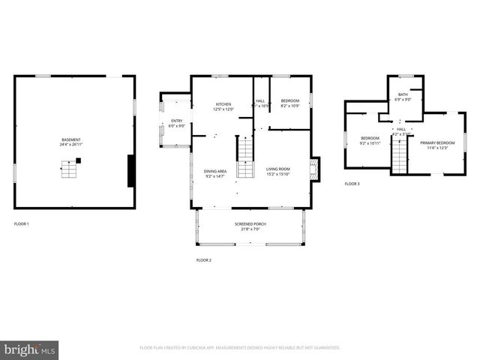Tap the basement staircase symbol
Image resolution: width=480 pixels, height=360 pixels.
tap(69, 172)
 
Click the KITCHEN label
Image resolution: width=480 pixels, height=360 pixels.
tap(223, 104)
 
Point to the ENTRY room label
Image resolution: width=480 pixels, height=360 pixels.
tap(176, 121)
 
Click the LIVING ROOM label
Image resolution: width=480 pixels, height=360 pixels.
tap(277, 169)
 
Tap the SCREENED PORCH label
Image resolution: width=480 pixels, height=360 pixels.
tap(250, 224)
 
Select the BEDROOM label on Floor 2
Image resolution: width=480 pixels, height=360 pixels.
tap(289, 100)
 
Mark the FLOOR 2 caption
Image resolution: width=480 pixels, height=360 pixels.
tap(204, 260)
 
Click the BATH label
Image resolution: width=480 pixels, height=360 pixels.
tap(403, 94)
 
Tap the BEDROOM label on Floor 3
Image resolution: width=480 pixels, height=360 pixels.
tap(370, 138)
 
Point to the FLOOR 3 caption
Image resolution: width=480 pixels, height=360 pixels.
tap(352, 184)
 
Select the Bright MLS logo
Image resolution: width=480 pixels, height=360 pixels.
tap(30, 349)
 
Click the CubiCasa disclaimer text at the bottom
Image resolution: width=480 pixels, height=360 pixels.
tap(240, 348)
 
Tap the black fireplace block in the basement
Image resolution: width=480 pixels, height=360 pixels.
tap(131, 171)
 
